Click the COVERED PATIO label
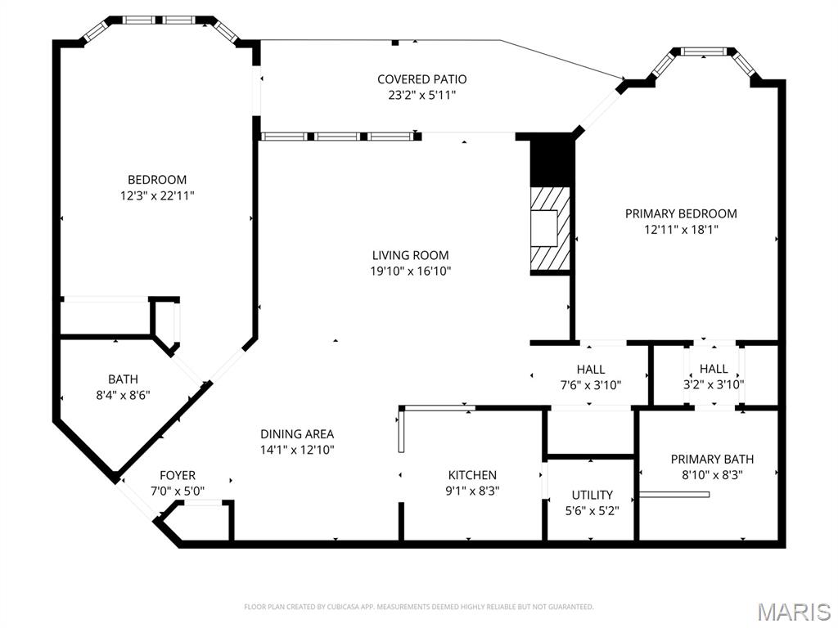pos(421,79)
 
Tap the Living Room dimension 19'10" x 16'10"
pos(410,271)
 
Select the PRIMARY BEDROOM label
pos(680,213)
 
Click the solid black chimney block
pos(549,159)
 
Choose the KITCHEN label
pos(472,475)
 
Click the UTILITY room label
pos(592,495)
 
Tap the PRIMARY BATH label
pos(712,459)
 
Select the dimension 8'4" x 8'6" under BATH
pos(123,394)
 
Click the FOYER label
pos(178,475)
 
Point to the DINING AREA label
pos(297,434)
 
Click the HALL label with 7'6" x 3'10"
pos(590,370)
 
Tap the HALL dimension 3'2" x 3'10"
pos(714,384)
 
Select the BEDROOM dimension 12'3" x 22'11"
pos(156,195)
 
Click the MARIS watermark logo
pos(793,611)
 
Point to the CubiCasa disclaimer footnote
pos(418,607)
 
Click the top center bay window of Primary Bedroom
pos(704,52)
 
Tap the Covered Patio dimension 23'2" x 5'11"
pos(421,95)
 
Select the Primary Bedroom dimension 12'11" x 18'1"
pos(680,229)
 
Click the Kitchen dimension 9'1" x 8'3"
pos(472,491)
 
